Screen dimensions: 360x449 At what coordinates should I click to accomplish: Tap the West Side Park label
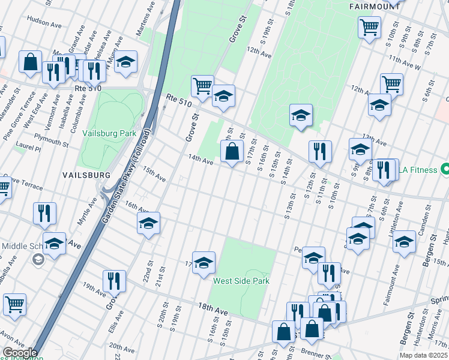click(241, 281)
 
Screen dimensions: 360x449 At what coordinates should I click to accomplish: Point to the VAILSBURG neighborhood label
click(86, 175)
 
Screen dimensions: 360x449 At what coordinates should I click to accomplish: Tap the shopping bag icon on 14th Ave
click(232, 152)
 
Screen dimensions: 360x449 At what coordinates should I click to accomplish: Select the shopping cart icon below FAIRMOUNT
click(369, 27)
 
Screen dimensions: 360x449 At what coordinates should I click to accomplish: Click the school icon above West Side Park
click(203, 262)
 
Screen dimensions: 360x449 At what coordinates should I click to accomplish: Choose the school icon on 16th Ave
click(148, 224)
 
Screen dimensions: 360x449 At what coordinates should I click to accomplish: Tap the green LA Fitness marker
click(444, 170)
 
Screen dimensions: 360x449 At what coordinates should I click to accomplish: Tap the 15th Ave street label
click(154, 175)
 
